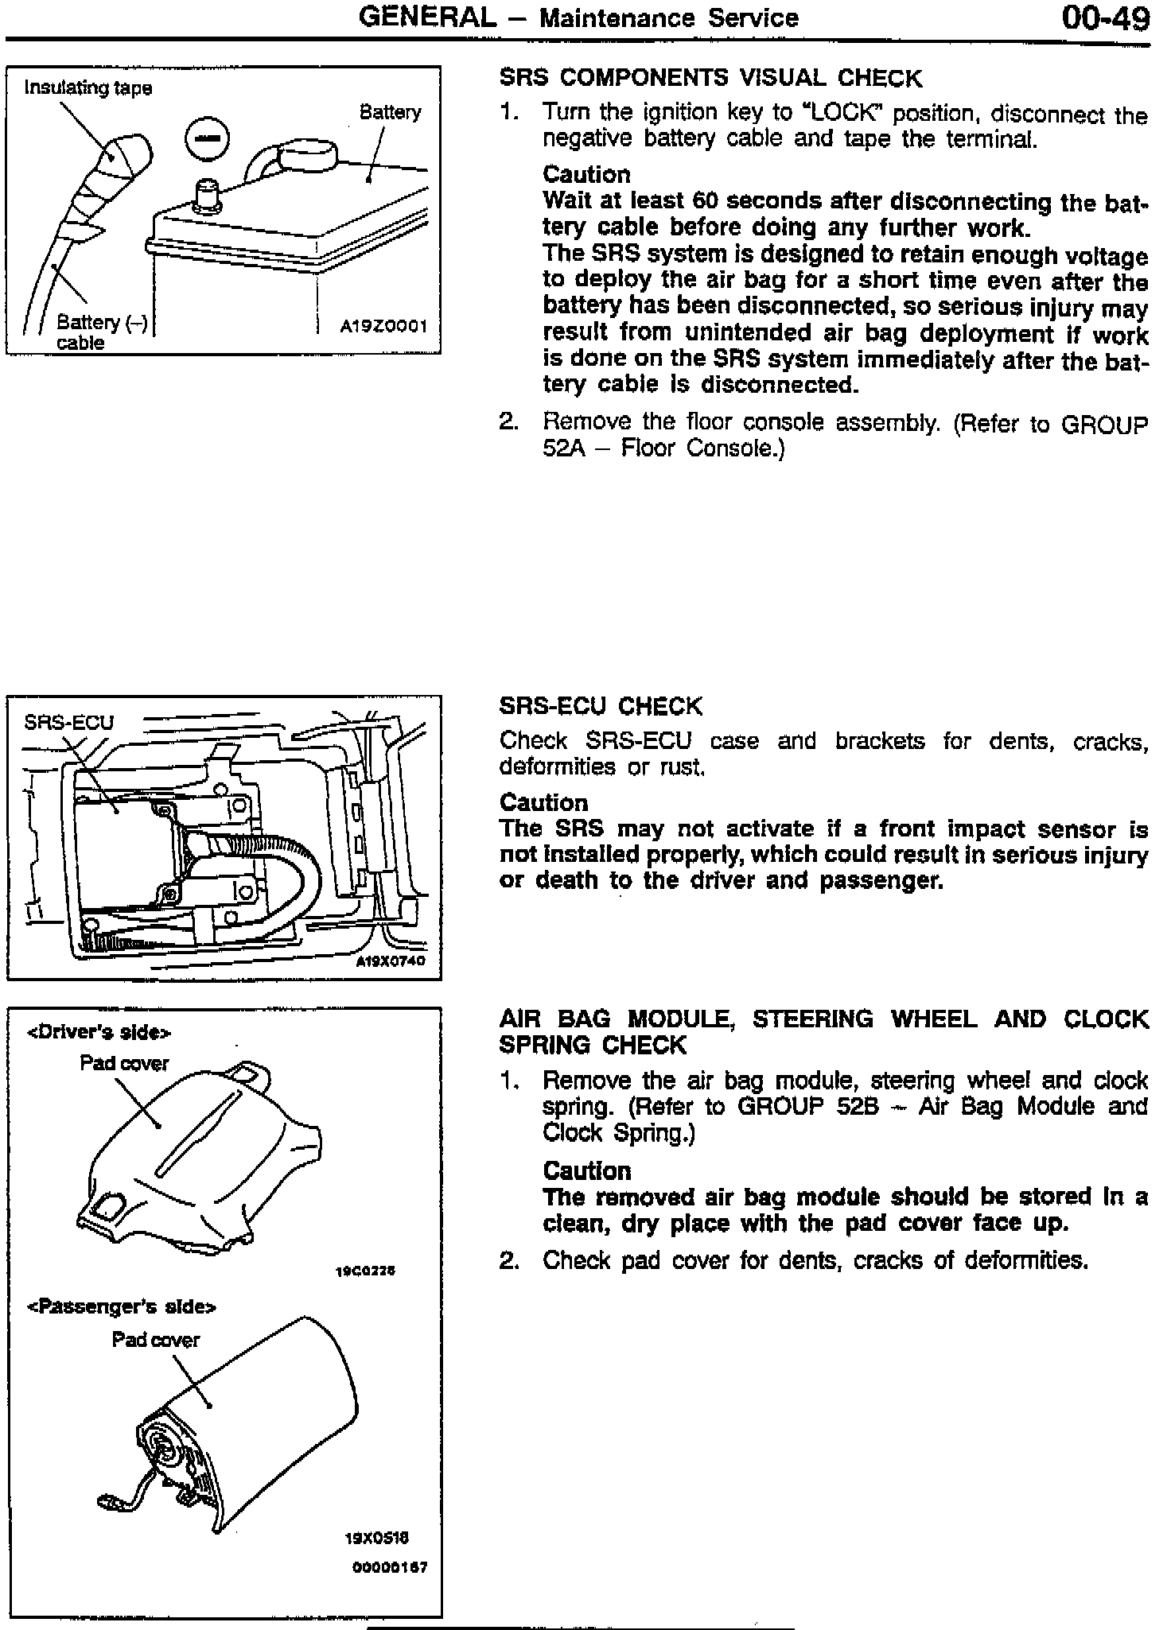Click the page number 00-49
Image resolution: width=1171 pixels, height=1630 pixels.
click(x=1105, y=17)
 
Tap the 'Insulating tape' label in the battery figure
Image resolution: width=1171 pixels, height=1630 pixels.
click(x=88, y=87)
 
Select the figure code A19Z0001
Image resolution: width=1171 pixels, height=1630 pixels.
click(x=383, y=326)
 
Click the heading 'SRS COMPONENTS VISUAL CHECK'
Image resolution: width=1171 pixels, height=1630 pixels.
click(x=710, y=78)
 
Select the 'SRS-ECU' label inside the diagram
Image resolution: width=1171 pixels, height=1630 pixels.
click(x=68, y=722)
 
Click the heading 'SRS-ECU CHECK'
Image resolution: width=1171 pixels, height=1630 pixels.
click(x=601, y=706)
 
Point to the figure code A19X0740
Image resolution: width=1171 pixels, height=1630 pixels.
click(x=390, y=961)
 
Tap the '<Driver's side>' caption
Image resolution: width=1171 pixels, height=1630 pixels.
click(x=99, y=1033)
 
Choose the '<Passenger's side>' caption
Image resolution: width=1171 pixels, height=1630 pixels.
click(x=123, y=1306)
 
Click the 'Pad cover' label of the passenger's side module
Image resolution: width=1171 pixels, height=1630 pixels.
click(x=156, y=1340)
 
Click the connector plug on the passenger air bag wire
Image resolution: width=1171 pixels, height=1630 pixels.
click(x=108, y=1502)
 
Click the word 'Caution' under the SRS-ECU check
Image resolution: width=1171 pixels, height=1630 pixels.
click(x=543, y=803)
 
